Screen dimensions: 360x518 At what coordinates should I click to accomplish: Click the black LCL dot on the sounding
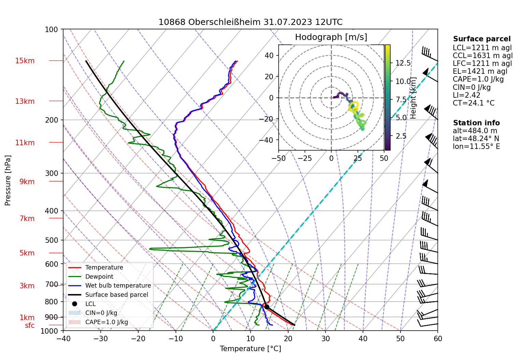[x=267, y=307]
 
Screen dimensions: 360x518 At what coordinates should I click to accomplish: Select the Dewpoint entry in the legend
[x=99, y=277]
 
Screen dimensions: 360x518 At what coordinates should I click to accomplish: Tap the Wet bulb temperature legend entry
[x=118, y=286]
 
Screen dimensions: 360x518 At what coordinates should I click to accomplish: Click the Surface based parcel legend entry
[x=116, y=295]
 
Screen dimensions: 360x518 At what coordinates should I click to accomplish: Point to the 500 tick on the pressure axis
[x=52, y=240]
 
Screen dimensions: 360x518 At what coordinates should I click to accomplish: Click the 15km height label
[x=25, y=61]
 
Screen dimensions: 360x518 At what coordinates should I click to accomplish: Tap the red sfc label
[x=30, y=326]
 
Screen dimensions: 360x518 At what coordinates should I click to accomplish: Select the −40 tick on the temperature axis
[x=63, y=339]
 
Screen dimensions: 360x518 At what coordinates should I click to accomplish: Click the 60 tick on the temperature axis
[x=438, y=339]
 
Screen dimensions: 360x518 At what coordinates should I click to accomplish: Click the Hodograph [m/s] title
[x=331, y=37]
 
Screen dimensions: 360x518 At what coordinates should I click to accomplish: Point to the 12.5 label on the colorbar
[x=403, y=63]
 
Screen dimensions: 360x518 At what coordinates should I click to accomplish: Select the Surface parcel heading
[x=481, y=39]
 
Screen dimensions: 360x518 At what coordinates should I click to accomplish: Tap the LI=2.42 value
[x=466, y=95]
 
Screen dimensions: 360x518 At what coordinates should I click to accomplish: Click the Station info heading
[x=476, y=123]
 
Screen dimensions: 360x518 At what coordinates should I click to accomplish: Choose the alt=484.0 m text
[x=475, y=131]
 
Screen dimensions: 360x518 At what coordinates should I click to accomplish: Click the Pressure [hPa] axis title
[x=8, y=180]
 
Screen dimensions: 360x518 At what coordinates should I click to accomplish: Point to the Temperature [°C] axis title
[x=250, y=349]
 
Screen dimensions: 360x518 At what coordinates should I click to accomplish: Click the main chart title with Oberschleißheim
[x=250, y=22]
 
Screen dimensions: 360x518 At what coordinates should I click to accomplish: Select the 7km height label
[x=27, y=219]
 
